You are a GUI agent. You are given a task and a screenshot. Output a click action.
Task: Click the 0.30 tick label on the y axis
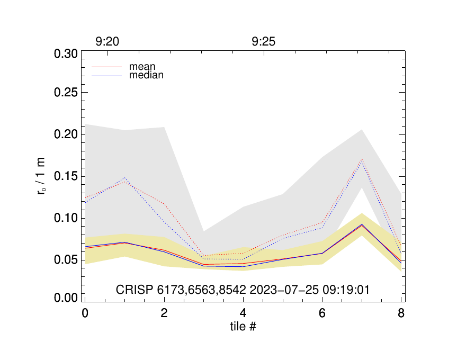click(66, 54)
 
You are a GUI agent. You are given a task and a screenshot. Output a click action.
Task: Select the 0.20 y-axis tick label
click(66, 135)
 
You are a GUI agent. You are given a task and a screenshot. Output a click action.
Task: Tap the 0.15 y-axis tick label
click(66, 177)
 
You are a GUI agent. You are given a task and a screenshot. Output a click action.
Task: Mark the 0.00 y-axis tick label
click(66, 299)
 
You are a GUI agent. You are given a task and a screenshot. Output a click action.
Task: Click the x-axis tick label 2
click(164, 313)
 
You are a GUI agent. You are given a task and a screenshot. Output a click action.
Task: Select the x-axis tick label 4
click(243, 313)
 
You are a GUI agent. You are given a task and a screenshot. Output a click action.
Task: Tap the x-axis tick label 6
click(322, 313)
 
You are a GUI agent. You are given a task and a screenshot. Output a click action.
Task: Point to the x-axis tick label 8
click(401, 313)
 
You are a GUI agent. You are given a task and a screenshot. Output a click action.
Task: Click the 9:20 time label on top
click(107, 42)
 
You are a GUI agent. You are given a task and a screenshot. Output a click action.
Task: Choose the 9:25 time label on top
click(264, 42)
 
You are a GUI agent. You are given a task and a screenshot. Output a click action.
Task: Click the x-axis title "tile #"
click(243, 327)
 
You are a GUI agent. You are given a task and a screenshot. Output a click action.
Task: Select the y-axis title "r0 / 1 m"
click(41, 177)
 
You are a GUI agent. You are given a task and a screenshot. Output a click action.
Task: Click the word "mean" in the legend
click(142, 67)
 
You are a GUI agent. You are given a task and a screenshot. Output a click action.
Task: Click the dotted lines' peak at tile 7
click(362, 160)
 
